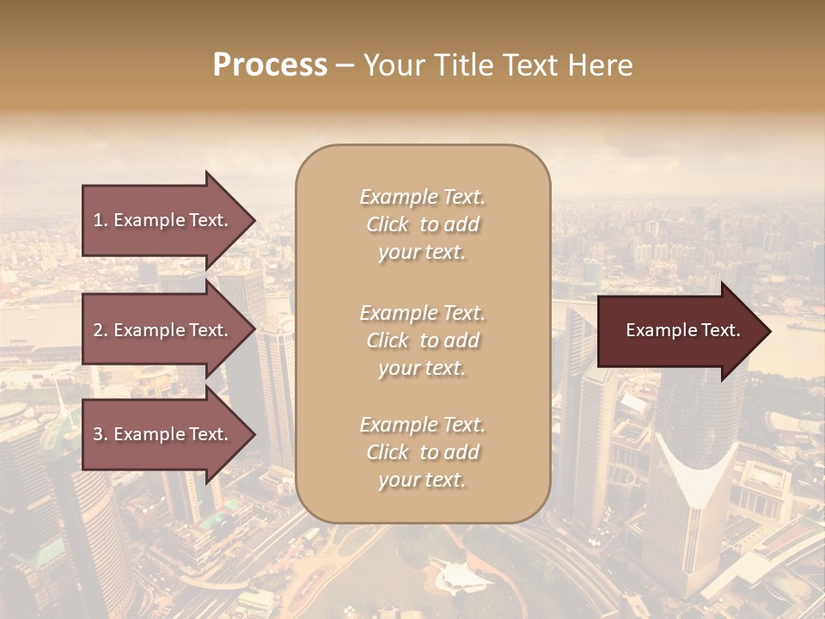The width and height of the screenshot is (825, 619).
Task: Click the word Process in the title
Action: (x=270, y=65)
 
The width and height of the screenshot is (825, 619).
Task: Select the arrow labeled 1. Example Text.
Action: (x=163, y=220)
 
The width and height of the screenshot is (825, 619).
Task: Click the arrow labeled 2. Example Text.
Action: (x=163, y=330)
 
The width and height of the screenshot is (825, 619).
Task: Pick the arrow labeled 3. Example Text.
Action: (x=163, y=434)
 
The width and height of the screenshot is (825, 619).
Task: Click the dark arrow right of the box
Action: (x=679, y=330)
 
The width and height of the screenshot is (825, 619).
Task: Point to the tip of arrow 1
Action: (x=254, y=220)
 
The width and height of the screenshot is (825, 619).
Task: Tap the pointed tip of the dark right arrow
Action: (x=769, y=330)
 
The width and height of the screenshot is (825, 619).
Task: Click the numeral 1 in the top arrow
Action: (x=98, y=220)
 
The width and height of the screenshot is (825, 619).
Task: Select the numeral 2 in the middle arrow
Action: (x=98, y=330)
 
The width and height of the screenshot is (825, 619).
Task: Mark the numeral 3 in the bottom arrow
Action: (x=98, y=434)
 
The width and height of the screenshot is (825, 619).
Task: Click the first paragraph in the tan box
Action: (x=422, y=224)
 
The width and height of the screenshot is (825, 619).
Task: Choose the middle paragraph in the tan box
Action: (x=422, y=340)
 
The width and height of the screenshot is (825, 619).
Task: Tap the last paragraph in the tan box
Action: (x=422, y=452)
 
